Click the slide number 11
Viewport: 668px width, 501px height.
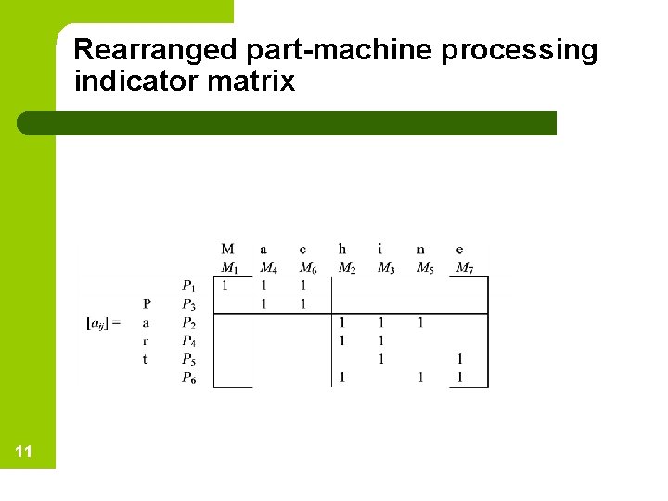coord(24,452)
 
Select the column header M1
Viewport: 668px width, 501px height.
coord(228,268)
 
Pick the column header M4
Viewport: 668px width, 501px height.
coord(268,268)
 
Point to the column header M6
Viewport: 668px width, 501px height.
coord(307,268)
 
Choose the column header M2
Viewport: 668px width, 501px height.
coord(346,268)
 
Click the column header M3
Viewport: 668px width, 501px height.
coord(385,268)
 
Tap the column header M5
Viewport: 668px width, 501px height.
coord(424,268)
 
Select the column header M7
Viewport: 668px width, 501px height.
coord(464,268)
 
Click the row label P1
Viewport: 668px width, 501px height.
coord(188,286)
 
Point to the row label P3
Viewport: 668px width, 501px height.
coord(188,304)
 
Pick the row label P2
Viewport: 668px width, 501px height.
coord(188,323)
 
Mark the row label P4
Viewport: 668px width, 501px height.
coord(188,340)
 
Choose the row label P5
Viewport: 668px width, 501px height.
coord(188,359)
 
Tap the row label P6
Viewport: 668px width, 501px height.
coord(188,378)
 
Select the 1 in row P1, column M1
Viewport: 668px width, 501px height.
coord(225,286)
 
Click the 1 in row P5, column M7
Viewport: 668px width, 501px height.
coord(460,359)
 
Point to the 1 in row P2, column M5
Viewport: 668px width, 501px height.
coord(420,323)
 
